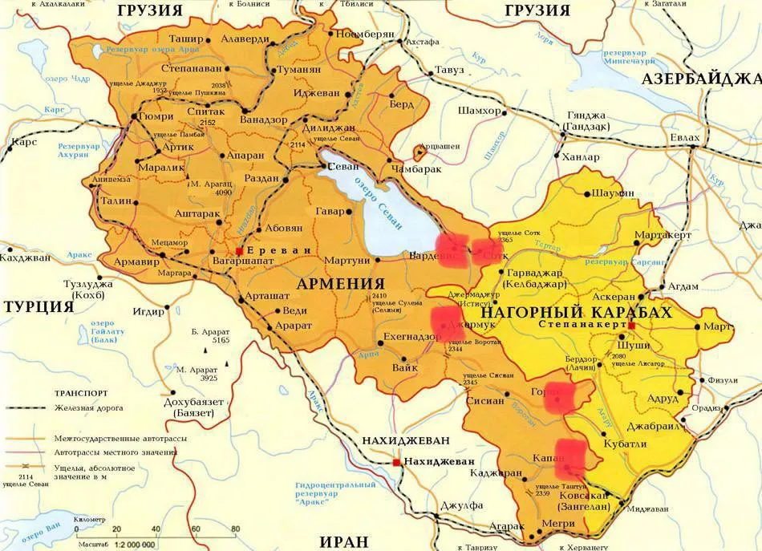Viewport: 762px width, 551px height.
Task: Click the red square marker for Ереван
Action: [x=240, y=251]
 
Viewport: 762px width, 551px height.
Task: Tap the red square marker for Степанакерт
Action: [x=631, y=326]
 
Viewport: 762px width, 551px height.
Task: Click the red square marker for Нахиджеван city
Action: [x=396, y=462]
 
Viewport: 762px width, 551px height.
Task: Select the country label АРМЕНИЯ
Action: [x=341, y=284]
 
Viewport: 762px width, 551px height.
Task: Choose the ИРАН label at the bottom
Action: [x=351, y=539]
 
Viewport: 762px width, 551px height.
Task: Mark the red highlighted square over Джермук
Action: [x=447, y=321]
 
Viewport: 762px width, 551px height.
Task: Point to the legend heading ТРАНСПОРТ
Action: [x=82, y=394]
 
